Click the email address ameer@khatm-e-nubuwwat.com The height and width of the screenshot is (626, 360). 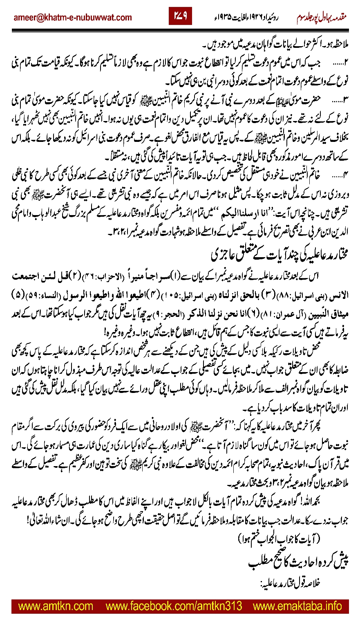tap(73, 18)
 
